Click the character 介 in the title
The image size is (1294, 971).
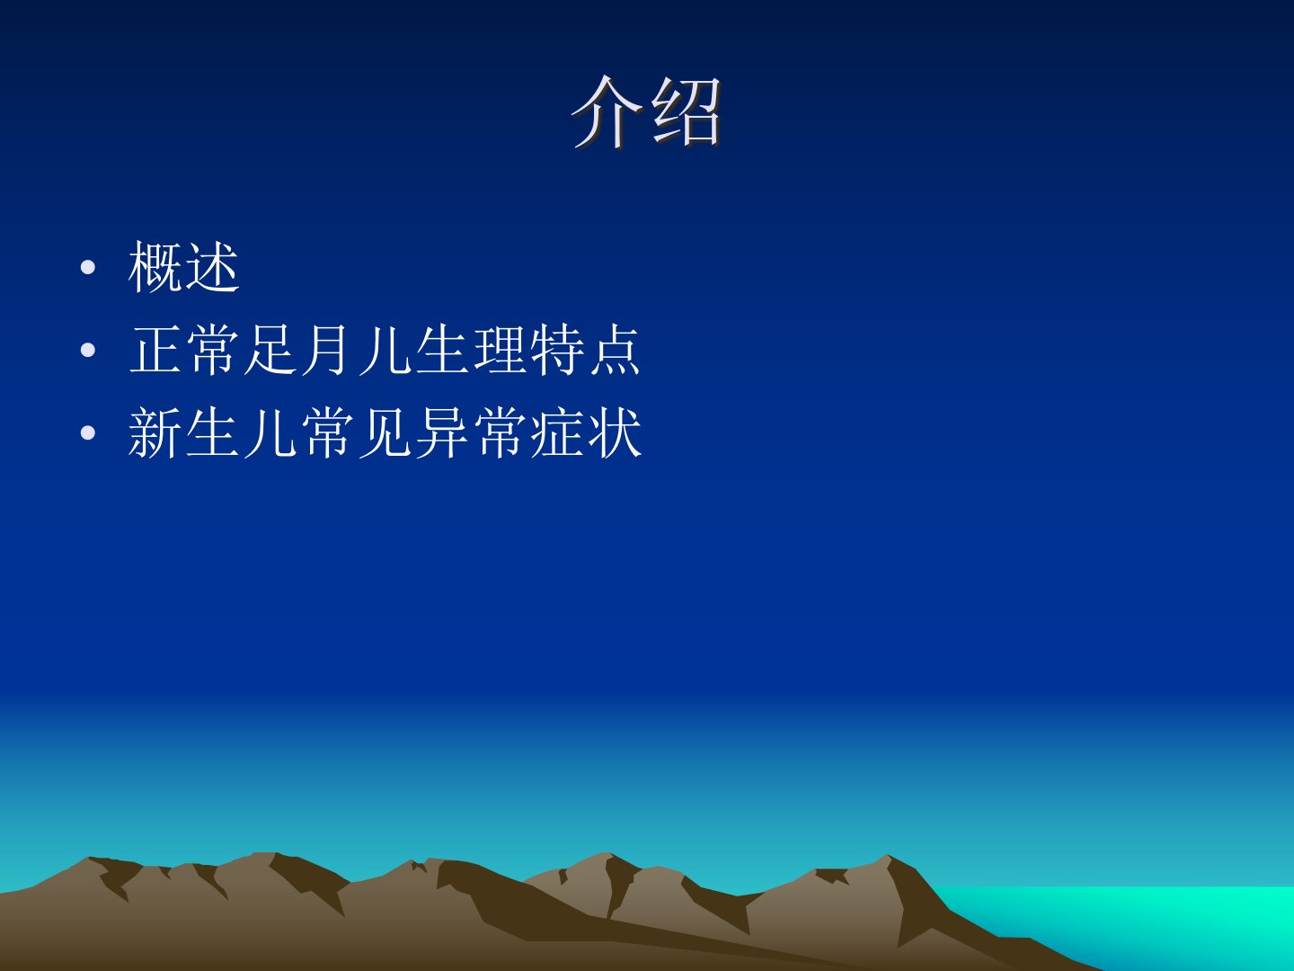coord(607,111)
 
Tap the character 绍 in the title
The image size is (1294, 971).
coord(686,111)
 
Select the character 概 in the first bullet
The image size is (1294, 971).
coord(155,267)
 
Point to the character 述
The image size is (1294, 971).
coord(212,267)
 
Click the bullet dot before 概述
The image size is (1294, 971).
coord(88,268)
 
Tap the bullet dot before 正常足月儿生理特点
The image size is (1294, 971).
coord(88,351)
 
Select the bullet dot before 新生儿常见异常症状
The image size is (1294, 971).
coord(88,433)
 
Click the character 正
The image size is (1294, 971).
coord(155,350)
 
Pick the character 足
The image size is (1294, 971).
coord(270,350)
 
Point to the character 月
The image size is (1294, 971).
coord(325,350)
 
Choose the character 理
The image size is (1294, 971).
coord(500,350)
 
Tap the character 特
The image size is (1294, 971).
coord(556,350)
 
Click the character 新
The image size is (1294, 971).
coord(155,432)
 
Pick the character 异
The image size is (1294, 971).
coord(441,432)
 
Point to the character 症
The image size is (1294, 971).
coord(556,432)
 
